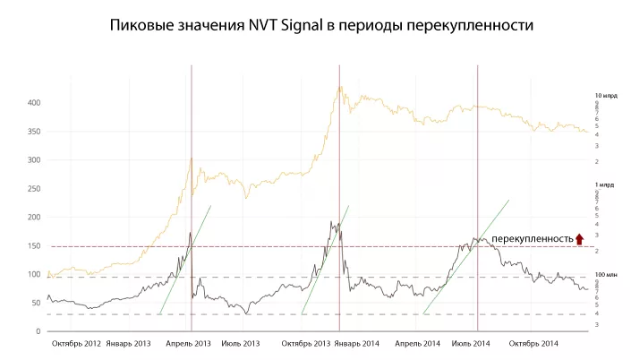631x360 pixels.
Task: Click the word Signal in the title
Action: [x=309, y=26]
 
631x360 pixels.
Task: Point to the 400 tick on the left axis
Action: [x=33, y=103]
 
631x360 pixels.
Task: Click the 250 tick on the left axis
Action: [x=33, y=189]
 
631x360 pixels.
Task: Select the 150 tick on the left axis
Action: [x=33, y=246]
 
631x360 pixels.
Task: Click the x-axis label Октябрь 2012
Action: [x=75, y=343]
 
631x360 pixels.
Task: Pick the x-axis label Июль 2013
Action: [x=240, y=343]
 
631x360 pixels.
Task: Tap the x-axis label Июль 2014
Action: [x=471, y=343]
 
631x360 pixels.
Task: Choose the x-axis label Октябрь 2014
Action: [x=533, y=343]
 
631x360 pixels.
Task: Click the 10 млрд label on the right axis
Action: [x=606, y=95]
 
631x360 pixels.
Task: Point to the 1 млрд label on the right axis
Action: [x=605, y=184]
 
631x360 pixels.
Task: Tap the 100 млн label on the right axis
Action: [x=606, y=274]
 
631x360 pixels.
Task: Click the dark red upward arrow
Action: [x=580, y=238]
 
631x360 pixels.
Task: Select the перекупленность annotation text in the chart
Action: [x=532, y=238]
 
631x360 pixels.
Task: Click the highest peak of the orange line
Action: [x=340, y=87]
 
